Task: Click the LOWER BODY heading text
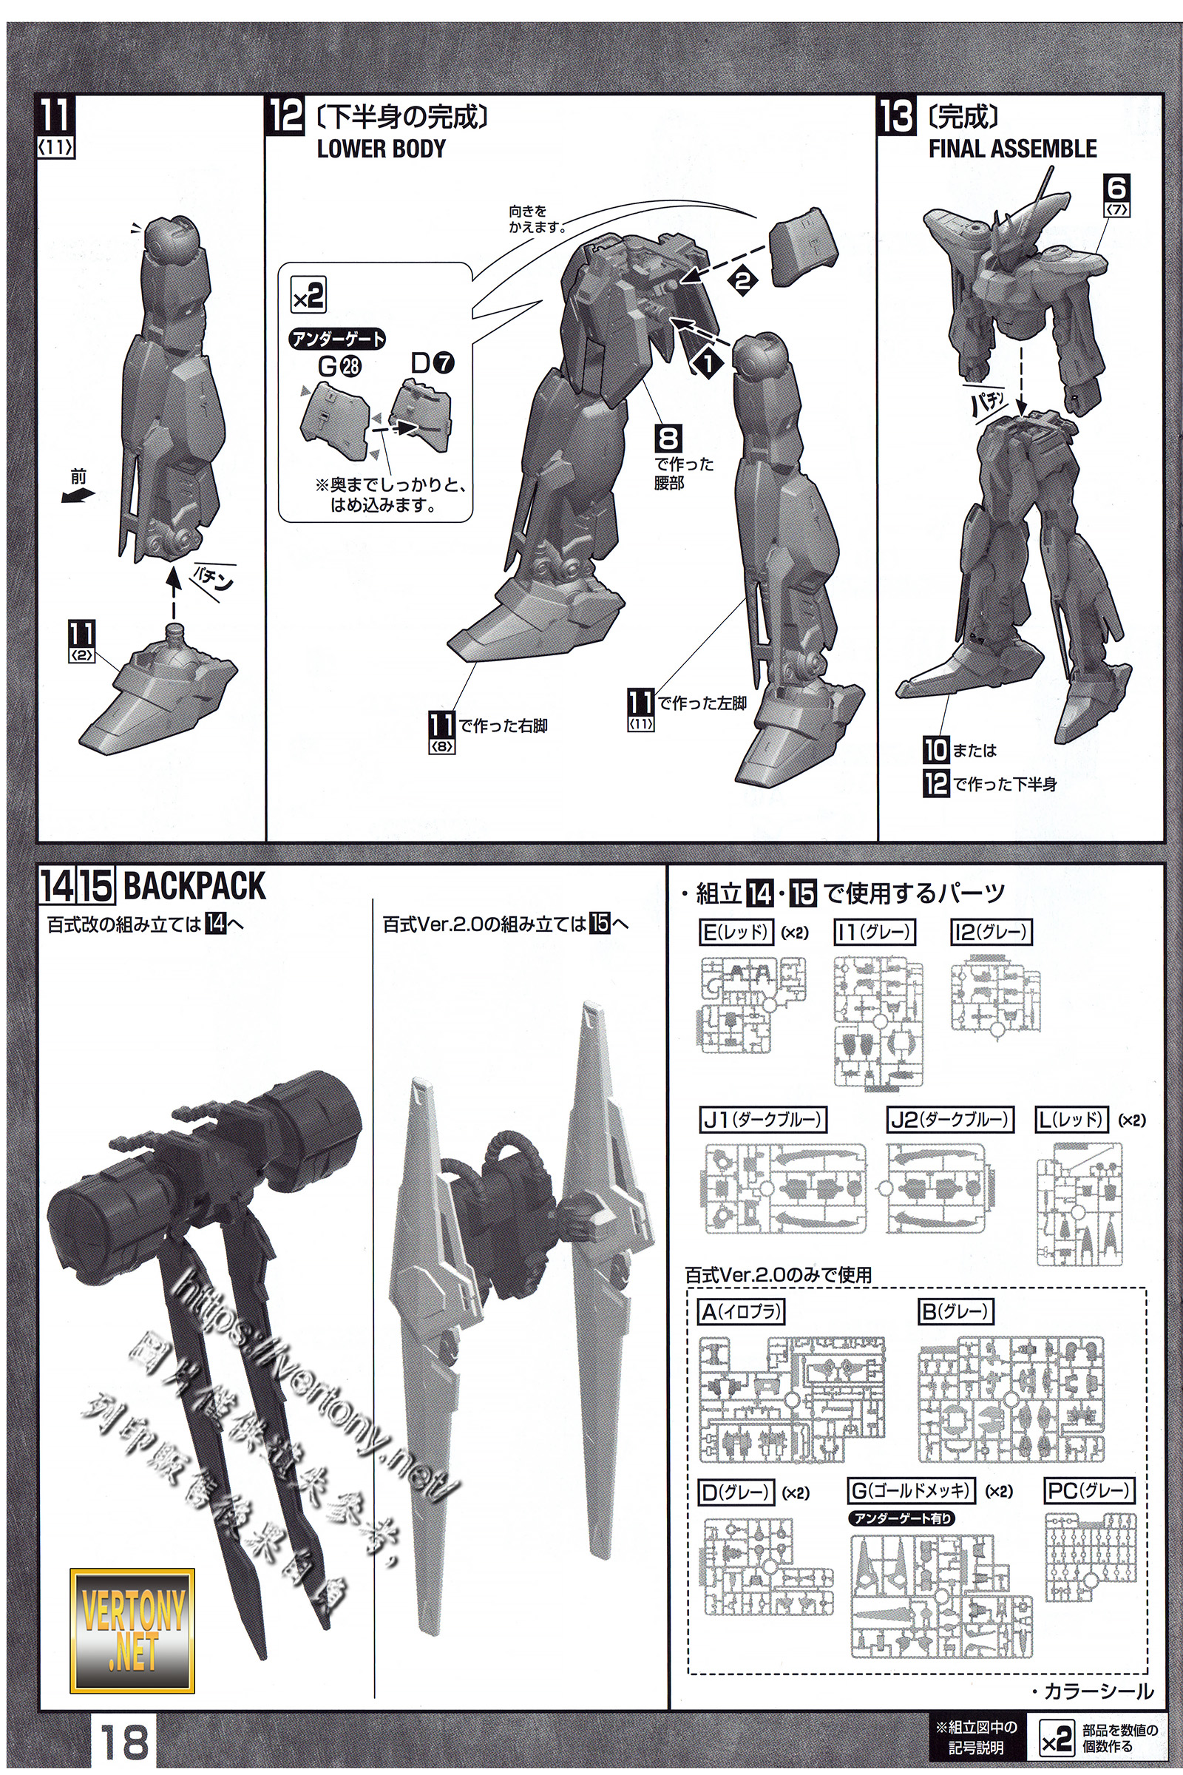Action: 381,149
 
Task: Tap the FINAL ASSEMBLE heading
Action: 1011,149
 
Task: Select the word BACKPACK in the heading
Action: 194,886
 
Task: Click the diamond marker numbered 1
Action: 708,363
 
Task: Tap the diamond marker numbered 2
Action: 742,281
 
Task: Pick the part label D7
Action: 433,364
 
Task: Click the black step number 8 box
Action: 668,439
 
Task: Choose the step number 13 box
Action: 897,118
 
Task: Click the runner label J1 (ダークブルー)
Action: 763,1119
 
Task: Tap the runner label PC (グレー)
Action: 1089,1490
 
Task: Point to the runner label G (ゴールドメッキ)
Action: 912,1490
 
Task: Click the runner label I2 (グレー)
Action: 990,933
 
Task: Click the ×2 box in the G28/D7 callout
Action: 308,295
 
